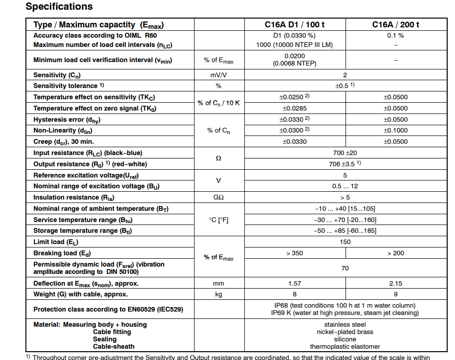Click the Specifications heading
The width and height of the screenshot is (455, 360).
pyautogui.click(x=59, y=7)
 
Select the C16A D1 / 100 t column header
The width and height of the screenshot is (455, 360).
pyautogui.click(x=294, y=25)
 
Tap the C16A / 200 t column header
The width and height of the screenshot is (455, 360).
pyautogui.click(x=395, y=25)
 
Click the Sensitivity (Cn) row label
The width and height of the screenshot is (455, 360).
pyautogui.click(x=57, y=75)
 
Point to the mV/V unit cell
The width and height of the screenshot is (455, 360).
pyautogui.click(x=218, y=75)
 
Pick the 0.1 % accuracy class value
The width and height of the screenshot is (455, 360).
pyautogui.click(x=395, y=36)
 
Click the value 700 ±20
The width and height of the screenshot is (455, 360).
pyautogui.click(x=345, y=153)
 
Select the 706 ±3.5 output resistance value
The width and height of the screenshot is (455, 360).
pyautogui.click(x=345, y=164)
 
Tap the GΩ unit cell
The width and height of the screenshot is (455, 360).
pyautogui.click(x=218, y=197)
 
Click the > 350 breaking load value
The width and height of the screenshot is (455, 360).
pyautogui.click(x=294, y=253)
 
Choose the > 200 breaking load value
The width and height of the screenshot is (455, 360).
pyautogui.click(x=395, y=253)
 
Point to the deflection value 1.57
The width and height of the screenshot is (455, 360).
pyautogui.click(x=295, y=283)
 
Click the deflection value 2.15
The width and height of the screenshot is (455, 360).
pyautogui.click(x=395, y=283)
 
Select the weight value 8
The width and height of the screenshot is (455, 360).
pyautogui.click(x=295, y=294)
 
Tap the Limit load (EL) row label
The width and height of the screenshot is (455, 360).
pyautogui.click(x=55, y=242)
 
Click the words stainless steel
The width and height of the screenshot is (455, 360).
pyautogui.click(x=345, y=325)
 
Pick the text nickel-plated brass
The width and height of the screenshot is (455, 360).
pyautogui.click(x=345, y=332)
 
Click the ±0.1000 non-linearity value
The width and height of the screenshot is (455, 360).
pyautogui.click(x=395, y=131)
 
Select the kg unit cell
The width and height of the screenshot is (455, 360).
pyautogui.click(x=218, y=294)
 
